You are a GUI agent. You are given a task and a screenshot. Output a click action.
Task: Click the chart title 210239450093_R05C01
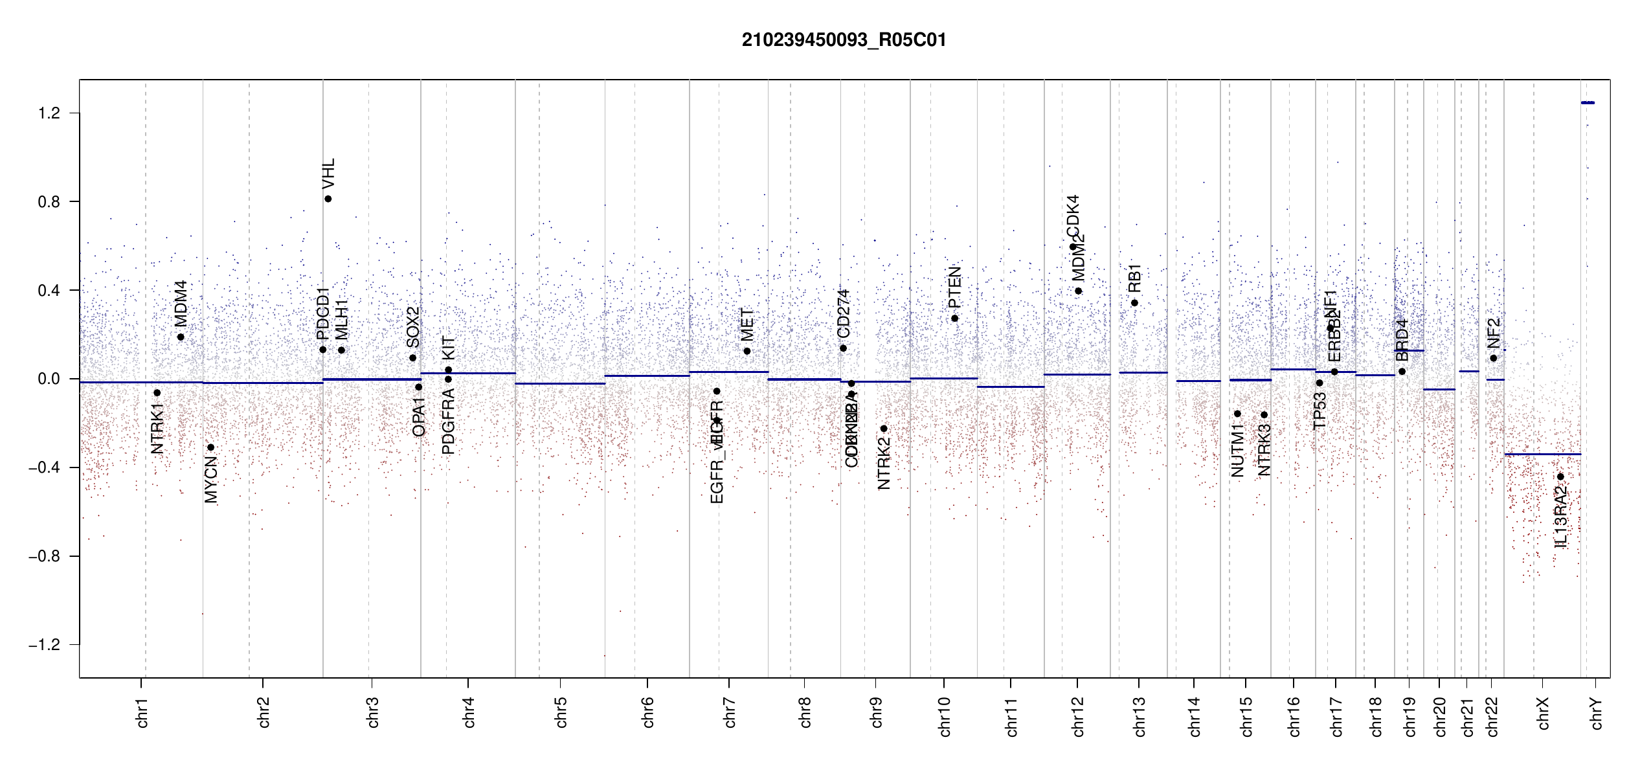point(844,40)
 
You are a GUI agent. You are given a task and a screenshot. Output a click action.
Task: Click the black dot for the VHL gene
point(328,199)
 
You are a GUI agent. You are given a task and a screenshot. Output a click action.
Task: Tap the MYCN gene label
point(211,479)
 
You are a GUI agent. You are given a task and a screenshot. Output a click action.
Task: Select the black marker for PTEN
point(954,318)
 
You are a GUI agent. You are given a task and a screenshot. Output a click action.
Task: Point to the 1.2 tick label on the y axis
point(49,113)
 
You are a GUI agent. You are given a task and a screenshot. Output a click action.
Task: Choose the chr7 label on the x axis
point(730,712)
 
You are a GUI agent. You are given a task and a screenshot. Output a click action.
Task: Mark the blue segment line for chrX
point(1542,455)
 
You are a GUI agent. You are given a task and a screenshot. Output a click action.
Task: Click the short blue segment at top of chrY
point(1588,102)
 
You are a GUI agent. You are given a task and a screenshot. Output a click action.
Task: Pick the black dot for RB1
point(1134,303)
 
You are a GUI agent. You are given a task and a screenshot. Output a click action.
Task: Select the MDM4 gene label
point(181,303)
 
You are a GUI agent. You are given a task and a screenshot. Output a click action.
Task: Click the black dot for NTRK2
point(884,429)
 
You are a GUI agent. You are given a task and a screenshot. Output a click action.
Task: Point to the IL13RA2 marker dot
point(1560,477)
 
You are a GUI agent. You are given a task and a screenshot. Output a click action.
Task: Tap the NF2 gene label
point(1494,333)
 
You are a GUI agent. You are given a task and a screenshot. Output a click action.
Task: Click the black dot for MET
point(747,351)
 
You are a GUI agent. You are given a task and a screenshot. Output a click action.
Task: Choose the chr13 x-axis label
point(1140,716)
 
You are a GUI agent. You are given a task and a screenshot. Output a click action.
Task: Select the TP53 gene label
point(1320,411)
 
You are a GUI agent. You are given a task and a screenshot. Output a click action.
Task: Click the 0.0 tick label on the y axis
point(49,379)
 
